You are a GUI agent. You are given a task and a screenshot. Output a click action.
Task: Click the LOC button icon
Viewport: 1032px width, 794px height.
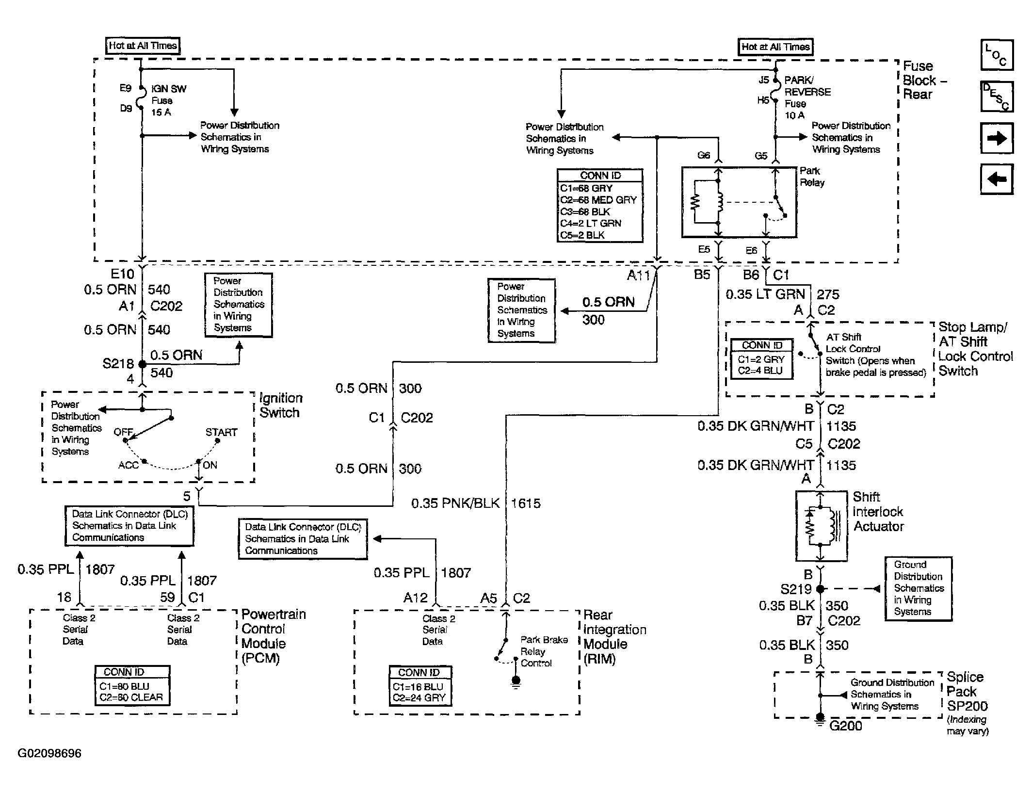pyautogui.click(x=997, y=55)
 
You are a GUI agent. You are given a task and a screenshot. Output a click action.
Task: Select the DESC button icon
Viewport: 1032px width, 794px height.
pyautogui.click(x=997, y=96)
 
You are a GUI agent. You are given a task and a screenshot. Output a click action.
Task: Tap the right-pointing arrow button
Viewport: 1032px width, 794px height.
pyautogui.click(x=997, y=138)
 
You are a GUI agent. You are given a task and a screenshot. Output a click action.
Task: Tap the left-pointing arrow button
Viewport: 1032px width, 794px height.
pyautogui.click(x=997, y=179)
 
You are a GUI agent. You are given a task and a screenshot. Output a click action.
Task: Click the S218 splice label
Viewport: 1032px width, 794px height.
pyautogui.click(x=118, y=364)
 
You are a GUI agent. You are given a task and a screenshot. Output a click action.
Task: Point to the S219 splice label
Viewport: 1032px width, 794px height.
pyautogui.click(x=795, y=589)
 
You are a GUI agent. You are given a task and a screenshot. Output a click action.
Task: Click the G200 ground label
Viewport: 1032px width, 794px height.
pyautogui.click(x=845, y=726)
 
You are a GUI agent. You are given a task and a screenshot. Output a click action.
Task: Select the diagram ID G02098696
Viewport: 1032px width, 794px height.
pyautogui.click(x=49, y=753)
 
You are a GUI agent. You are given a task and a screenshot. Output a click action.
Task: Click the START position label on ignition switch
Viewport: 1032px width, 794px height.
pyautogui.click(x=221, y=432)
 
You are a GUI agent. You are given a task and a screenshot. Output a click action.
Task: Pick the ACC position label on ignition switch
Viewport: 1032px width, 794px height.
pyautogui.click(x=129, y=465)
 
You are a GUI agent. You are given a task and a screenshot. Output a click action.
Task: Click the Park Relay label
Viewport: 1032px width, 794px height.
pyautogui.click(x=812, y=177)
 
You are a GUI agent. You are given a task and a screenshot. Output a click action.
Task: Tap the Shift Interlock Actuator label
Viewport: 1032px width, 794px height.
pyautogui.click(x=878, y=512)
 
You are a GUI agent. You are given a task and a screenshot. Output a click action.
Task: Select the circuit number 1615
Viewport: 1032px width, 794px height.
pyautogui.click(x=526, y=503)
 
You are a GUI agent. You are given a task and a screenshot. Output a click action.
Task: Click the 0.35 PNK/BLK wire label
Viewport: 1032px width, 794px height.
pyautogui.click(x=455, y=503)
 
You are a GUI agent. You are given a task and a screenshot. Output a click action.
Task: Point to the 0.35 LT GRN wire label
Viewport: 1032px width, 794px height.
pyautogui.click(x=765, y=294)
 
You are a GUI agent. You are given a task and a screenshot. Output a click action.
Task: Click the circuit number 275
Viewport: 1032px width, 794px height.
pyautogui.click(x=828, y=294)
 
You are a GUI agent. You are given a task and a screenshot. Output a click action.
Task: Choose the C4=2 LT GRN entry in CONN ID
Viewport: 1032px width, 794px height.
pyautogui.click(x=590, y=224)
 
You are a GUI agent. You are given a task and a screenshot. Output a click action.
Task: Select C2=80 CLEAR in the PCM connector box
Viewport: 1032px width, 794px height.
pyautogui.click(x=131, y=697)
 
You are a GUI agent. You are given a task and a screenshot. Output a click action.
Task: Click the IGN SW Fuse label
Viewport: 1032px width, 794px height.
pyautogui.click(x=168, y=100)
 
